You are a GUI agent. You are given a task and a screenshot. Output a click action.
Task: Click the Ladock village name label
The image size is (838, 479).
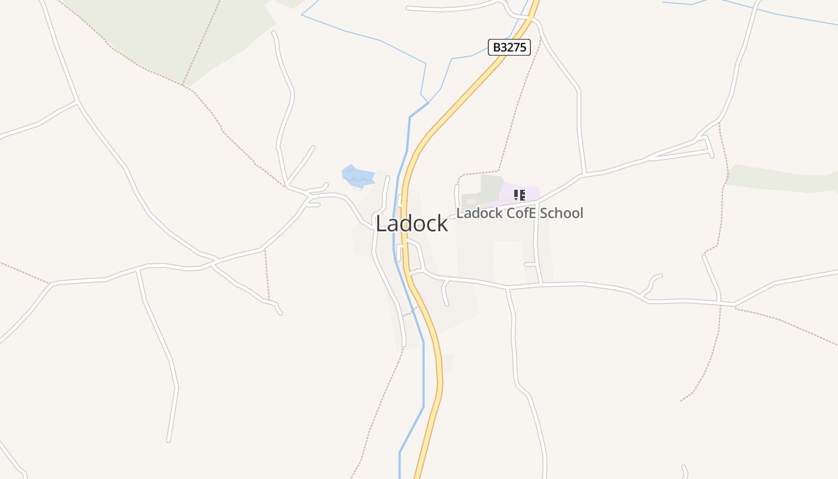coord(411,223)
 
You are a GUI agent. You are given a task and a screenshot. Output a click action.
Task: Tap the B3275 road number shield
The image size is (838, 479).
coord(509,47)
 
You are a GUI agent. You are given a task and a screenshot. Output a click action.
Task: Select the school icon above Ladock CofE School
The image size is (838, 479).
coord(520,195)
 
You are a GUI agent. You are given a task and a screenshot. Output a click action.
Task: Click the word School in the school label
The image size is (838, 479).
coord(561,213)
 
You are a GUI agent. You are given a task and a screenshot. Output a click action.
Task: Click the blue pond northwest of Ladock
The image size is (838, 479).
coord(356,176)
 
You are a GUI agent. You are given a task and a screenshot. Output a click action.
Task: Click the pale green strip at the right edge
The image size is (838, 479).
coord(778,178)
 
